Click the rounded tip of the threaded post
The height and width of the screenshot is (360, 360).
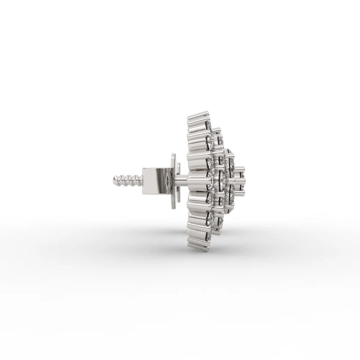click(x=115, y=179)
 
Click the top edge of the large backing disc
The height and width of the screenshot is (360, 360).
click(x=174, y=156)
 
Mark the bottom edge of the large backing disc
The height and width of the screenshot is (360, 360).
click(x=174, y=205)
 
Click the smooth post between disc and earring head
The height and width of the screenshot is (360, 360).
click(x=184, y=180)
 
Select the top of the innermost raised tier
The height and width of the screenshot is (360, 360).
click(x=230, y=150)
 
